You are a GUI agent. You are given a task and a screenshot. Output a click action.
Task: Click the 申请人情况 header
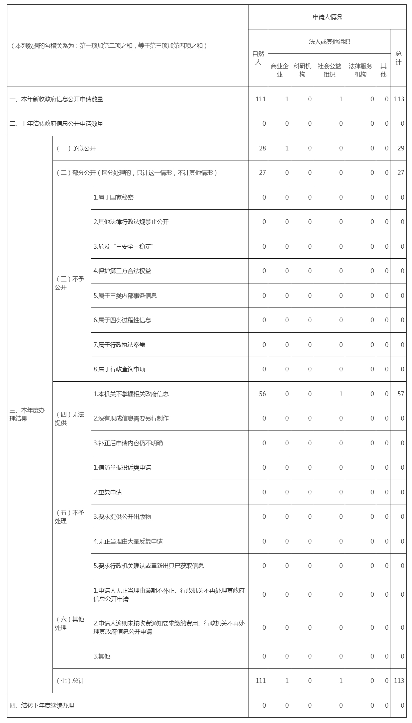tap(327, 17)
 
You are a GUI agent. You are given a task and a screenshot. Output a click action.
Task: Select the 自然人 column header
tap(258, 58)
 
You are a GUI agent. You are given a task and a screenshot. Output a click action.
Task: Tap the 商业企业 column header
tap(279, 70)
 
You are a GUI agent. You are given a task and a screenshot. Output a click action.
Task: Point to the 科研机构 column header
tap(302, 70)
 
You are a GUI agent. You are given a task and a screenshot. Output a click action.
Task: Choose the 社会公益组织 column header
tap(329, 70)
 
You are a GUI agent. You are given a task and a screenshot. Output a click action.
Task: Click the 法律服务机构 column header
tap(360, 70)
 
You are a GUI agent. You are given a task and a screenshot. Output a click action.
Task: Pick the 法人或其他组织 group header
tap(329, 42)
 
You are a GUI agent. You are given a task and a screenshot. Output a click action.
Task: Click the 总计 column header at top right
tap(398, 58)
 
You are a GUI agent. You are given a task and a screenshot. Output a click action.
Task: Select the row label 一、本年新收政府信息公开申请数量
tap(57, 99)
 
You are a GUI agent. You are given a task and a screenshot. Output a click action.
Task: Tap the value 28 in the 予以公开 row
tap(263, 148)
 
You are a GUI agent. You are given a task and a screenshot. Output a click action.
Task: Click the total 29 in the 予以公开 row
tap(401, 148)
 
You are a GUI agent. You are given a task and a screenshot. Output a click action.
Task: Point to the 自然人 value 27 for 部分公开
tap(263, 173)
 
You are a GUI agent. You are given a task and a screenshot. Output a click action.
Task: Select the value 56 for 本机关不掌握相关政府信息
tap(263, 394)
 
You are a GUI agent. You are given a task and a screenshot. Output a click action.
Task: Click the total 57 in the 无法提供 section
tap(401, 394)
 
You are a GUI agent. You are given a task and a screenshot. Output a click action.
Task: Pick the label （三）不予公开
tap(69, 283)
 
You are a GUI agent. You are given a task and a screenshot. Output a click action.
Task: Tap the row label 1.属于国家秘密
tap(113, 198)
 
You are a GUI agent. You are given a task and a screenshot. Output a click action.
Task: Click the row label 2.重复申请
tap(108, 492)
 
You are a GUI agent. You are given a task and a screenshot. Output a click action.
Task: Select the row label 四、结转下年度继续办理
tap(42, 706)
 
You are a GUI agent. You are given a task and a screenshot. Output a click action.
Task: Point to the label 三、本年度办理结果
tap(27, 414)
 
